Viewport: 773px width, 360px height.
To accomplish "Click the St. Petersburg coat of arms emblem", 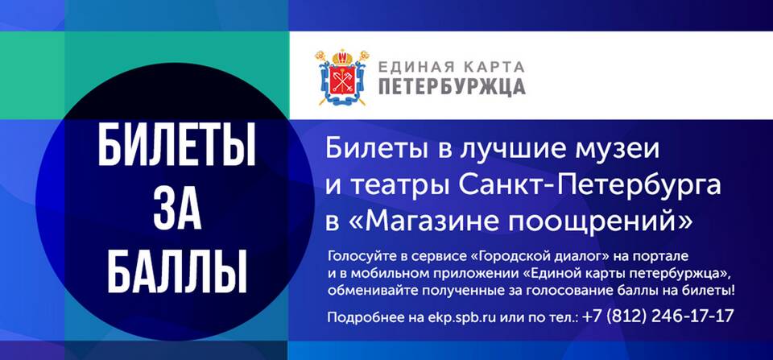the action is [342, 77].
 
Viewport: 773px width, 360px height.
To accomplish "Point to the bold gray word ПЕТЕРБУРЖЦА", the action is [452, 86].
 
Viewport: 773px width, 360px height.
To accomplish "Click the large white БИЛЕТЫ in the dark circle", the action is [176, 145].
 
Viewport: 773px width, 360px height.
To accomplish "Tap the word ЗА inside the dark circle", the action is [177, 209].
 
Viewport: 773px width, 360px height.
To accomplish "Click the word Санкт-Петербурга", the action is [590, 186].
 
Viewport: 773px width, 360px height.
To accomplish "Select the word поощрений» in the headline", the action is [601, 222].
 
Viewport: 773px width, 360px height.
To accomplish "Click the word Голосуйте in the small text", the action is [359, 256].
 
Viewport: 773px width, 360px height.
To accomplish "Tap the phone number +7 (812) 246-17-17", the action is [658, 316].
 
